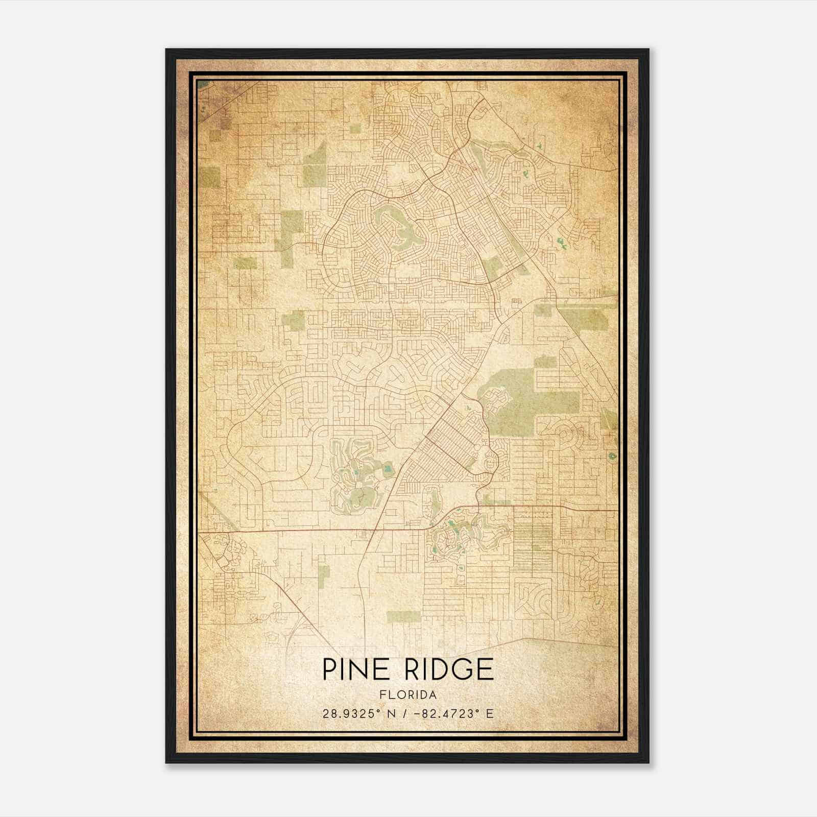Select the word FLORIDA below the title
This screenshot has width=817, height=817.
pos(408,695)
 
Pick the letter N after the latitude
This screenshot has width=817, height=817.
pos(392,713)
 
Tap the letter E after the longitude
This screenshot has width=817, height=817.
pos(490,713)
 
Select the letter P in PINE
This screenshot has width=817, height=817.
pos(329,669)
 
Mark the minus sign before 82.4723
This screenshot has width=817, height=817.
pos(421,713)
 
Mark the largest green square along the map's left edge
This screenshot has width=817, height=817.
pos(209,177)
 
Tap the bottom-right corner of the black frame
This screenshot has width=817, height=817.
pos(648,763)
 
